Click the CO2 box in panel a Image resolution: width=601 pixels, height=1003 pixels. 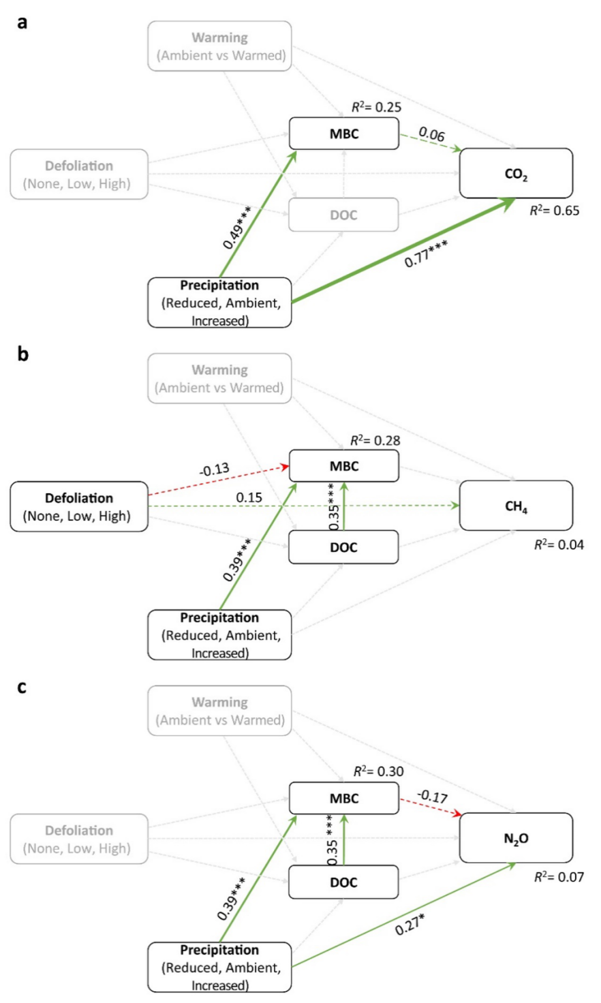pos(516,174)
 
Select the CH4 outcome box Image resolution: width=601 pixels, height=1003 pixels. pos(516,506)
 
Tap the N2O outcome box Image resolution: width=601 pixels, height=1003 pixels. pos(516,838)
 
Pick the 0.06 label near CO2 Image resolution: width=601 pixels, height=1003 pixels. pos(431,134)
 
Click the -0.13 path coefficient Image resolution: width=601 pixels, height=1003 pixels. pos(215,469)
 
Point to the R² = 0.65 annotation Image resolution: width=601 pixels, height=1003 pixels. pos(555,211)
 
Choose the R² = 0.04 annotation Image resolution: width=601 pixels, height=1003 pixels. pos(559,544)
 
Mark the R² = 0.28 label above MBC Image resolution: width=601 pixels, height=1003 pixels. pos(375,441)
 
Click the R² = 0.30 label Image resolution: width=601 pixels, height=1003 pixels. pos(378,772)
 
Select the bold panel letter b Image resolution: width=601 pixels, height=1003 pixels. pos(23,354)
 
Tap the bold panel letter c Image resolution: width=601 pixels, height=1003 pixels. pos(22,687)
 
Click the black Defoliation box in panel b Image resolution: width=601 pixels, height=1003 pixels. pos(79,506)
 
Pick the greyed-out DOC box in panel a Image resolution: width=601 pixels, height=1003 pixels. pos(343,215)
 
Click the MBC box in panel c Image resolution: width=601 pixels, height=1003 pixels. pos(343,799)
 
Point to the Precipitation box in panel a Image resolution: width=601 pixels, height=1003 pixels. pos(219,303)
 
